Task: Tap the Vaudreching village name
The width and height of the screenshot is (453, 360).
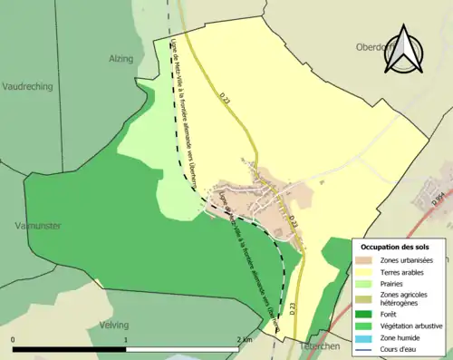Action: click(28, 87)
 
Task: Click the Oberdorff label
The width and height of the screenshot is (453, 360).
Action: click(375, 49)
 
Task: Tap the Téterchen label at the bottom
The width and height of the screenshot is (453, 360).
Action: click(305, 345)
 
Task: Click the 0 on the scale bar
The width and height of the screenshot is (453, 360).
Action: click(13, 339)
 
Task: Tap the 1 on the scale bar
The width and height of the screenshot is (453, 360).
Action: click(126, 339)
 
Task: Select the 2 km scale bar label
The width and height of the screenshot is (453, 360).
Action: click(244, 339)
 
